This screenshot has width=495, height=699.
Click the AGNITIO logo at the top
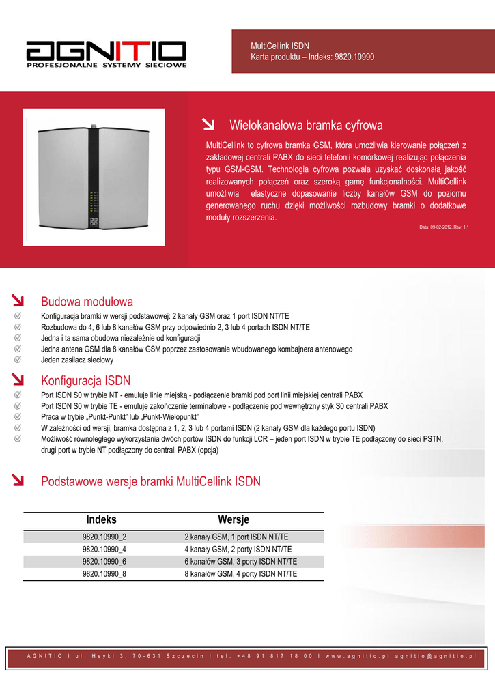[106, 51]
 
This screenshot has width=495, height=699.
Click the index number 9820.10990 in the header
[354, 57]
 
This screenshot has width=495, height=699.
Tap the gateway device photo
[94, 177]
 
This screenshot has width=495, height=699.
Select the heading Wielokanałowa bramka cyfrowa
[306, 126]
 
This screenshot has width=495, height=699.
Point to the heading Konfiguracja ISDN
[86, 380]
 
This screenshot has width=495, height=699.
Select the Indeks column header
[102, 519]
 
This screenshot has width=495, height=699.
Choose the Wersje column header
[234, 519]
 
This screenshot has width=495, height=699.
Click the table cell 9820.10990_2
[104, 537]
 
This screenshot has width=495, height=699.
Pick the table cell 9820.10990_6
[104, 561]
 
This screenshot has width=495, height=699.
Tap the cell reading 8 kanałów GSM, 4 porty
[241, 574]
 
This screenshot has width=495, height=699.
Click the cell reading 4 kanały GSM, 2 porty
[238, 549]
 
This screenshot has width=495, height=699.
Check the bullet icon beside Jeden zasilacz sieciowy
[18, 360]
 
